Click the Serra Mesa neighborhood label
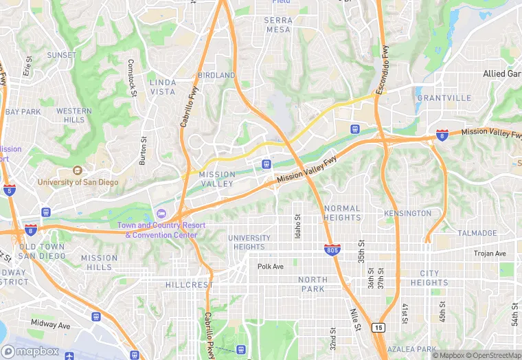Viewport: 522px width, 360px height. (x=278, y=25)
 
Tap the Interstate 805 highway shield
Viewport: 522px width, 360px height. (x=332, y=249)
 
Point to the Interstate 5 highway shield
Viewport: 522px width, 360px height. (x=10, y=189)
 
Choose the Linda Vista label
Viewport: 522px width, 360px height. (x=163, y=87)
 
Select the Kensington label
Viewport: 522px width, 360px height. (x=408, y=214)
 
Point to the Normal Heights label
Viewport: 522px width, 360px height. (x=341, y=213)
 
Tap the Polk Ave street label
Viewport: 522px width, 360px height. (x=271, y=267)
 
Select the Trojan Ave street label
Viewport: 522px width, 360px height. (x=490, y=254)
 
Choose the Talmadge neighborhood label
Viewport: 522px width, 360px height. (x=477, y=234)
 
